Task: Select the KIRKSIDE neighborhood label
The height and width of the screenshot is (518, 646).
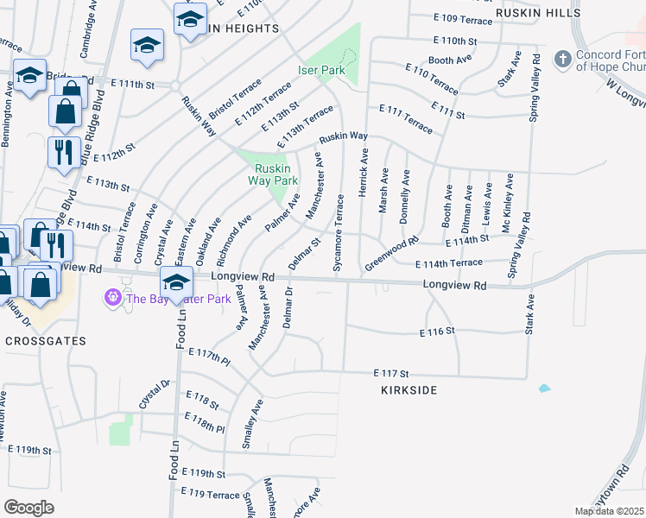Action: coord(408,390)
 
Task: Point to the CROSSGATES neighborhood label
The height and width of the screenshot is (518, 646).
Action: coord(45,341)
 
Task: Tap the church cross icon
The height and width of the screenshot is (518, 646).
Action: coord(562,60)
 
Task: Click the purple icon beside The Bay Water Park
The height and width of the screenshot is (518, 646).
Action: coord(111,299)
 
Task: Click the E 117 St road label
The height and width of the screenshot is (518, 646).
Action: coord(390,373)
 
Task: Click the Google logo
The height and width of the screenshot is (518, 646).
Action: coord(28,508)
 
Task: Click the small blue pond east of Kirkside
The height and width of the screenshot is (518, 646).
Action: coord(544,388)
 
